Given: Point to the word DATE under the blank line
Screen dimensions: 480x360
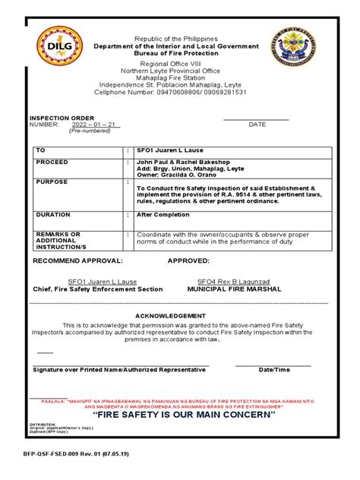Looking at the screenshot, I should click(x=257, y=124).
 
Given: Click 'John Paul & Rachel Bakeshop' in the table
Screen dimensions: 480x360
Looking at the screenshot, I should click(x=183, y=162).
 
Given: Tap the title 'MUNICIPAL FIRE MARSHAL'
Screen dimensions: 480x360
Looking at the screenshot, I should click(x=234, y=289).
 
